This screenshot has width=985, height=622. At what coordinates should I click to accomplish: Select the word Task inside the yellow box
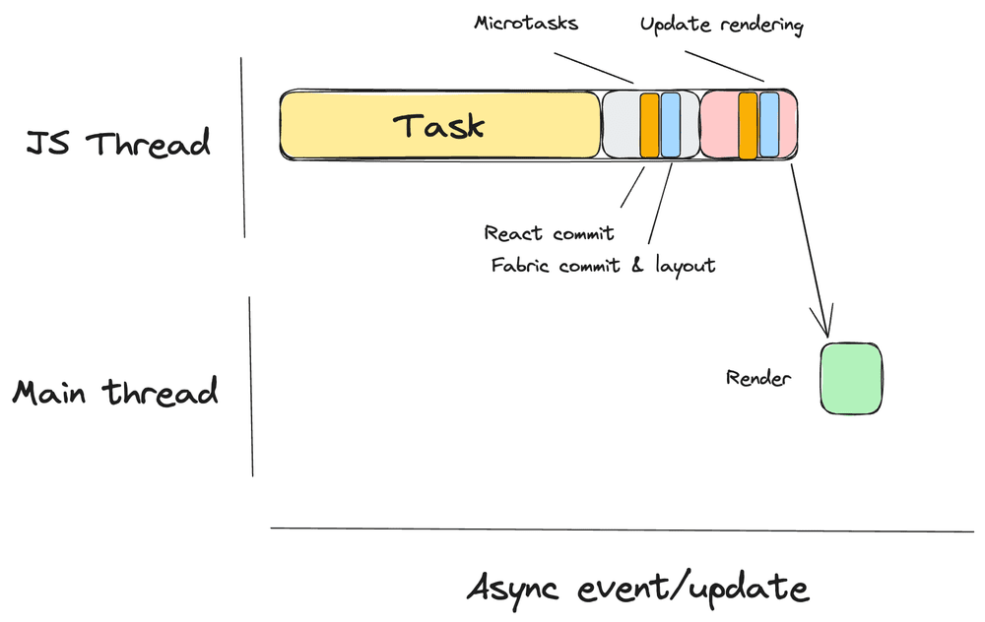click(x=439, y=126)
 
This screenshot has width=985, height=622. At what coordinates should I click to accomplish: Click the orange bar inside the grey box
click(x=649, y=125)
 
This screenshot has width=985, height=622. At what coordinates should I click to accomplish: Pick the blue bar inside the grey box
click(x=670, y=125)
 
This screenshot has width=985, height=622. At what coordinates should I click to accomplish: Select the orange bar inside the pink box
click(x=748, y=125)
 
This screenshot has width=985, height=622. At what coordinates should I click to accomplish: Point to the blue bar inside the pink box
click(x=769, y=125)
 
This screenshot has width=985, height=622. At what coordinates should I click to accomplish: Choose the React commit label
click(x=549, y=233)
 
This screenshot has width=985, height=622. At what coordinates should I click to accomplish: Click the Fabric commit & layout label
click(x=603, y=265)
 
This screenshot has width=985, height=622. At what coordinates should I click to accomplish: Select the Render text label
click(x=758, y=378)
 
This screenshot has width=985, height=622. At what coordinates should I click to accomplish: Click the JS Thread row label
click(x=118, y=144)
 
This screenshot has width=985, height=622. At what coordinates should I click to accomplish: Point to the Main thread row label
click(x=114, y=393)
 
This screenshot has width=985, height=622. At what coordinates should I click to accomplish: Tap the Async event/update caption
click(x=637, y=589)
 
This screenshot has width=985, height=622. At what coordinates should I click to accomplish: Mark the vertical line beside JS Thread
click(x=243, y=148)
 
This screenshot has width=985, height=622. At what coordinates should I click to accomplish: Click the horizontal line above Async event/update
click(x=621, y=529)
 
